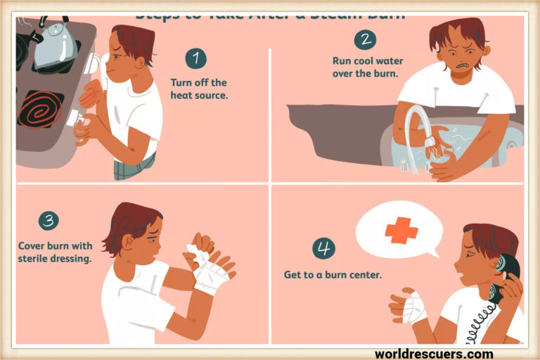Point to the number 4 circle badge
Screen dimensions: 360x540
324,247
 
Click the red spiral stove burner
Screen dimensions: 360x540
41,110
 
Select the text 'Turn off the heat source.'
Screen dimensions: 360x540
199,88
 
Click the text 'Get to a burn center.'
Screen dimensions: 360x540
333,274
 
